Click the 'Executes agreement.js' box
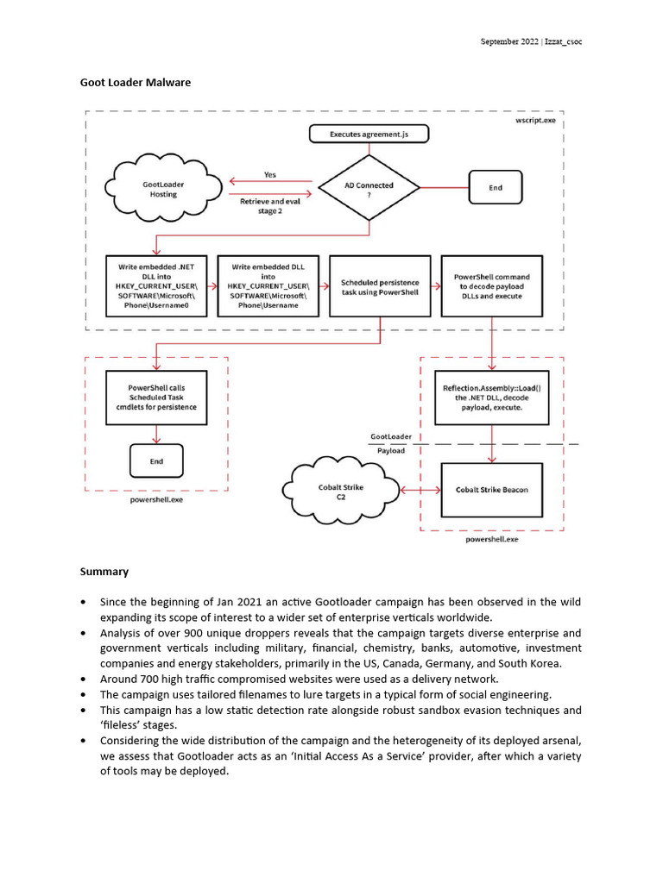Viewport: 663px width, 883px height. pyautogui.click(x=369, y=135)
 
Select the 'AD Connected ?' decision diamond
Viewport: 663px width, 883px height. pyautogui.click(x=369, y=189)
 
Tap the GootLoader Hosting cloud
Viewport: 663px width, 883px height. pyautogui.click(x=163, y=189)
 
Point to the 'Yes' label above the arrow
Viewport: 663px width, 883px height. pyautogui.click(x=270, y=174)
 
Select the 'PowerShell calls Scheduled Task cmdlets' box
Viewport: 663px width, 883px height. pyautogui.click(x=156, y=397)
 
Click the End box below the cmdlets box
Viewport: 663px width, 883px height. pyautogui.click(x=156, y=461)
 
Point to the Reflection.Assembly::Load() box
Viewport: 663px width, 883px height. pyautogui.click(x=491, y=397)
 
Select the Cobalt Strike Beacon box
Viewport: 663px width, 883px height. pyautogui.click(x=491, y=490)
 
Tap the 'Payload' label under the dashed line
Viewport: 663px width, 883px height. pyautogui.click(x=391, y=450)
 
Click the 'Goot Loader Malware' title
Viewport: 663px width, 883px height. pyautogui.click(x=136, y=83)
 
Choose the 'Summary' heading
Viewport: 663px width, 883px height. pyautogui.click(x=104, y=571)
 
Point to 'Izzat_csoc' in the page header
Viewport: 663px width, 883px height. pyautogui.click(x=559, y=42)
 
